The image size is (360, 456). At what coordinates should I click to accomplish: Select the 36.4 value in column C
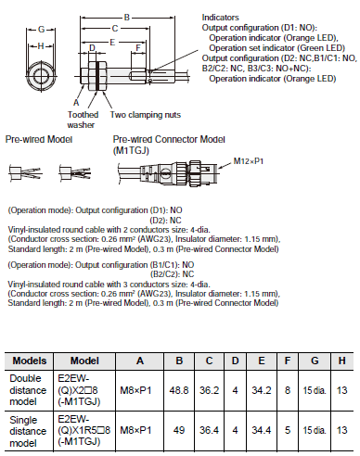coord(212,428)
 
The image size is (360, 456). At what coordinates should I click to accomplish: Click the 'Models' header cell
coord(28,360)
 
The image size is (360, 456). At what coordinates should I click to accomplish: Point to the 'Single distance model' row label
coord(28,428)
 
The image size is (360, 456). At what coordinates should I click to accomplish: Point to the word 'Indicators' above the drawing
coord(220,17)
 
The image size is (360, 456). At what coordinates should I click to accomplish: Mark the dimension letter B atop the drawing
coord(126,16)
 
